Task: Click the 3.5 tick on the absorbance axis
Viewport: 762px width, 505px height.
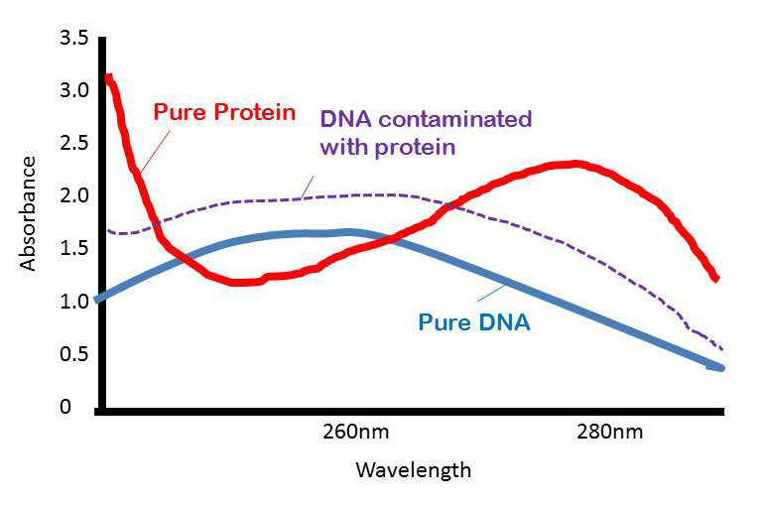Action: (x=74, y=39)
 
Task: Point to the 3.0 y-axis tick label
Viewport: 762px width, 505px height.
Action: (x=74, y=90)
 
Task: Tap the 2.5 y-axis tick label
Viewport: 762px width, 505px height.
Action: (x=74, y=143)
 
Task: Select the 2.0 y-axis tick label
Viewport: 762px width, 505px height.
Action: (x=74, y=195)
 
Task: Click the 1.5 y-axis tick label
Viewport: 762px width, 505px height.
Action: (x=74, y=248)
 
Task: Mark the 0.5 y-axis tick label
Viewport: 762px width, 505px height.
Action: (x=74, y=354)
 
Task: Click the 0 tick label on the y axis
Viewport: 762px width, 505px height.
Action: (x=65, y=407)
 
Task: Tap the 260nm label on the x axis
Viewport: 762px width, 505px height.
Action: (x=355, y=433)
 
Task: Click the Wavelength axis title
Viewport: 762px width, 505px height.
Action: (x=413, y=469)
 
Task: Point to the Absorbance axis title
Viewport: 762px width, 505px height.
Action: (x=29, y=213)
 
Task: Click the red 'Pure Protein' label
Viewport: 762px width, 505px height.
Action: (x=224, y=111)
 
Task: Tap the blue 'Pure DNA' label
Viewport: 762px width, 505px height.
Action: (x=474, y=322)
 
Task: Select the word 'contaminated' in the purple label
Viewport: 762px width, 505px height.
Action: (x=468, y=120)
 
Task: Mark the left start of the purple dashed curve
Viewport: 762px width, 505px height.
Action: (x=109, y=231)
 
